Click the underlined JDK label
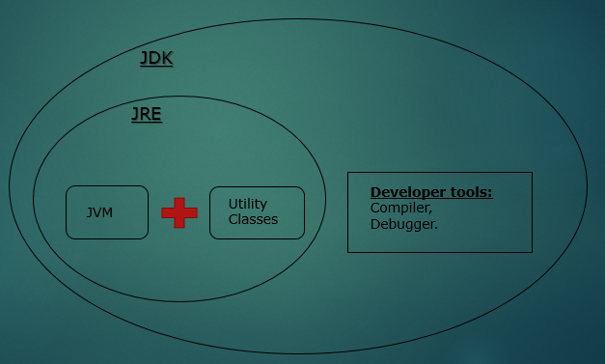(x=156, y=58)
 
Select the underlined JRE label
(x=147, y=115)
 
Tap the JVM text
(x=99, y=212)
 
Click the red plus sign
(x=179, y=212)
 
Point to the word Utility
(x=248, y=204)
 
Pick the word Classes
(x=253, y=219)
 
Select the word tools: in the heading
(x=472, y=192)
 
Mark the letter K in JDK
(x=167, y=58)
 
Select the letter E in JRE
(x=156, y=115)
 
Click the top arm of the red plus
(x=179, y=201)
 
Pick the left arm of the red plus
(x=167, y=212)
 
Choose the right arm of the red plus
(x=191, y=212)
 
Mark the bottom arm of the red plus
(x=179, y=224)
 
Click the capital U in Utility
(x=233, y=204)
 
